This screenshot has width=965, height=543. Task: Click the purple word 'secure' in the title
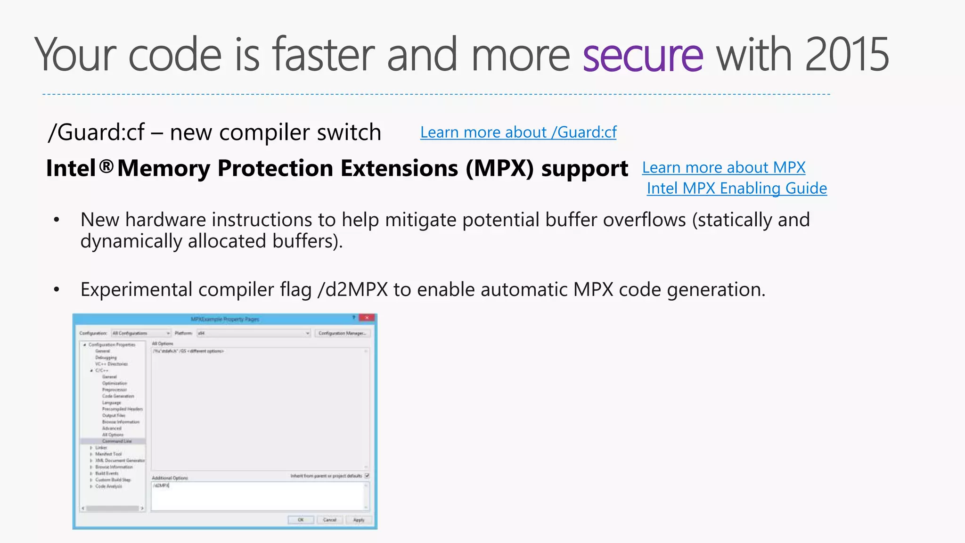(x=643, y=56)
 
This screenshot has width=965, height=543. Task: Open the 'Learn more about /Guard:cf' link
(x=518, y=132)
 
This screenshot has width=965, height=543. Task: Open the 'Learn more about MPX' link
(x=724, y=168)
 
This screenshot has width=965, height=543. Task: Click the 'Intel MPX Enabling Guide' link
(x=736, y=189)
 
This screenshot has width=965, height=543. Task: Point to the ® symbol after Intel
(x=107, y=166)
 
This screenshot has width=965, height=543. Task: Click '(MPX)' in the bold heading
(x=500, y=168)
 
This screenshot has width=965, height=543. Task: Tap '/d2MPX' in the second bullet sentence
(x=353, y=289)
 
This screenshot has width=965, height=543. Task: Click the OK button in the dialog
(x=301, y=520)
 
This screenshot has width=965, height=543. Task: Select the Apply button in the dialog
(x=359, y=520)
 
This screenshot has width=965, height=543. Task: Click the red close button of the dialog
(x=367, y=318)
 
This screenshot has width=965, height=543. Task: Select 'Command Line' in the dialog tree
(x=117, y=441)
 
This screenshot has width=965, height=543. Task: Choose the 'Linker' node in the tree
(x=101, y=448)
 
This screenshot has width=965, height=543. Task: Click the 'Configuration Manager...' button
(x=343, y=333)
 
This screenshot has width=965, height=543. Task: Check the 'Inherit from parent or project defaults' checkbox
(x=367, y=476)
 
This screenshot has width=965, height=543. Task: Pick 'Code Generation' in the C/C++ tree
(x=118, y=396)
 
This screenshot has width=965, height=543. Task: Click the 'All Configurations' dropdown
(x=141, y=333)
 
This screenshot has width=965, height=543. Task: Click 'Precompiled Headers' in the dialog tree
(x=123, y=409)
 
